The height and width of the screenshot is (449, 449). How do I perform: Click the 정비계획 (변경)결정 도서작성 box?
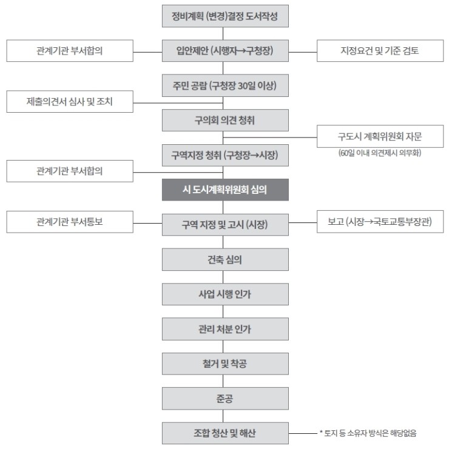tap(225, 16)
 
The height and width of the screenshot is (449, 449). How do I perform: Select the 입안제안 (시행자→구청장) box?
tap(225, 51)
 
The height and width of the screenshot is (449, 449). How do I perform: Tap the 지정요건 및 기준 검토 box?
tap(380, 51)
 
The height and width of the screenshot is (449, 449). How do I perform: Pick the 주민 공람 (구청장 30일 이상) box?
tap(225, 85)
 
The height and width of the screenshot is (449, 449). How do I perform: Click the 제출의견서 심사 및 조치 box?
tap(70, 102)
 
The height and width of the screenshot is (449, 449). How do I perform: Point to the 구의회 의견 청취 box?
tap(225, 120)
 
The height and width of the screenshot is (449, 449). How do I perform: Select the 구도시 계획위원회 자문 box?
tap(380, 136)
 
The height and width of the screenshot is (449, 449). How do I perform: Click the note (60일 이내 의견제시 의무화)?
tap(380, 153)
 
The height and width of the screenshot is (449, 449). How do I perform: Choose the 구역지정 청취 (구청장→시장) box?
tap(225, 155)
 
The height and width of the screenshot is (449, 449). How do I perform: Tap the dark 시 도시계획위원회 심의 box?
tap(225, 190)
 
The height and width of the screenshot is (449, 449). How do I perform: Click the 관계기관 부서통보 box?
tap(70, 222)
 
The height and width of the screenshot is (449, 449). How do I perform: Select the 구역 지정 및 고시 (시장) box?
tap(225, 224)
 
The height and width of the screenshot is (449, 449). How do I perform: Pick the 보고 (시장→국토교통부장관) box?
tap(380, 222)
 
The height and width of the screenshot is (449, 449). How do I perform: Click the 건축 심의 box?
tap(225, 259)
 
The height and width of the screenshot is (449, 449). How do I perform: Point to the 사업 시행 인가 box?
tap(225, 294)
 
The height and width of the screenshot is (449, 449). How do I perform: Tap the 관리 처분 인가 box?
tap(225, 329)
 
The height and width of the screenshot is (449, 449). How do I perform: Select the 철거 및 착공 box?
tap(225, 364)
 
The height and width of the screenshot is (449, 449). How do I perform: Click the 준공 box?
tap(225, 398)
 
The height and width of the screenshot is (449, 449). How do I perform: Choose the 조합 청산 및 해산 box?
tap(225, 433)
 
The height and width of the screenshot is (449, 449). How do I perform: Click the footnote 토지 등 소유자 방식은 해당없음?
tap(368, 433)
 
